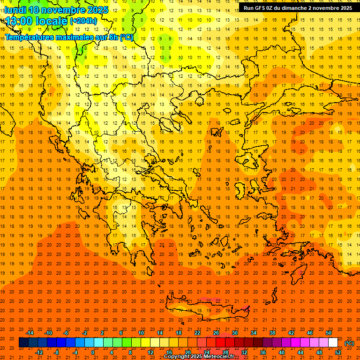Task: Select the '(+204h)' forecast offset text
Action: (x=83, y=21)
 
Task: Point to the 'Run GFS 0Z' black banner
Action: (x=298, y=8)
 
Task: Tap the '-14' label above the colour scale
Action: (x=30, y=333)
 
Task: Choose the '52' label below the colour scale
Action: (x=338, y=352)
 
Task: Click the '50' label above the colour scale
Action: (x=329, y=333)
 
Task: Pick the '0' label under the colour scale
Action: (x=93, y=352)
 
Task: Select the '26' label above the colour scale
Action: (x=216, y=333)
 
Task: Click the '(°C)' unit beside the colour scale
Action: (x=350, y=343)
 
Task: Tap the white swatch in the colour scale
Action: (x=333, y=343)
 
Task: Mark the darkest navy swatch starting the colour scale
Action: (x=23, y=343)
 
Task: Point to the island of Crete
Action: (x=206, y=307)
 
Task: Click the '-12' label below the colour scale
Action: (x=39, y=352)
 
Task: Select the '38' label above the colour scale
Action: (x=272, y=333)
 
